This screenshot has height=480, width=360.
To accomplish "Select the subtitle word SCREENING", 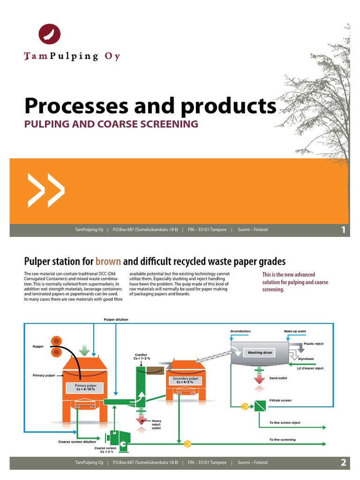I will (x=165, y=124).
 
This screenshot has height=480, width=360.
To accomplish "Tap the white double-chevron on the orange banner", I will (x=45, y=191).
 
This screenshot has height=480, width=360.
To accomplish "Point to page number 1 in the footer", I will (x=343, y=230).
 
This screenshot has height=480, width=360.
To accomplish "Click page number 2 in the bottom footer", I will (x=343, y=463).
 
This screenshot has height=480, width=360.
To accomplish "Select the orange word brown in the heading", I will (x=108, y=261).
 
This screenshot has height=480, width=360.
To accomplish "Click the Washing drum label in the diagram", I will (x=260, y=352).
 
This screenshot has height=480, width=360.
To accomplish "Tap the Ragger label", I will (x=38, y=346).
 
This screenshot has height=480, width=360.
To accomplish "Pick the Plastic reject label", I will (x=314, y=344).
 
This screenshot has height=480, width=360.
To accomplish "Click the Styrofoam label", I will (x=306, y=359).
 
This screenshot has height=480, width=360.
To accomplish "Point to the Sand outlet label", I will (x=278, y=378).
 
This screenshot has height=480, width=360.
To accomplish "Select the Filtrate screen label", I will (x=280, y=400).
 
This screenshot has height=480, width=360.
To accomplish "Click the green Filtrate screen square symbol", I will (x=260, y=406).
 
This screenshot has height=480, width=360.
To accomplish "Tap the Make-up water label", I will (x=295, y=331).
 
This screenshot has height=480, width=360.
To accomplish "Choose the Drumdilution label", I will (x=240, y=331).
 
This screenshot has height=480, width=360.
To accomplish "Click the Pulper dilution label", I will (x=116, y=319).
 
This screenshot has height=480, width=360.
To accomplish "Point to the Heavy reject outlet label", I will (x=157, y=425).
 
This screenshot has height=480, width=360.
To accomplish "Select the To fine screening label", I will (x=282, y=440).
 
